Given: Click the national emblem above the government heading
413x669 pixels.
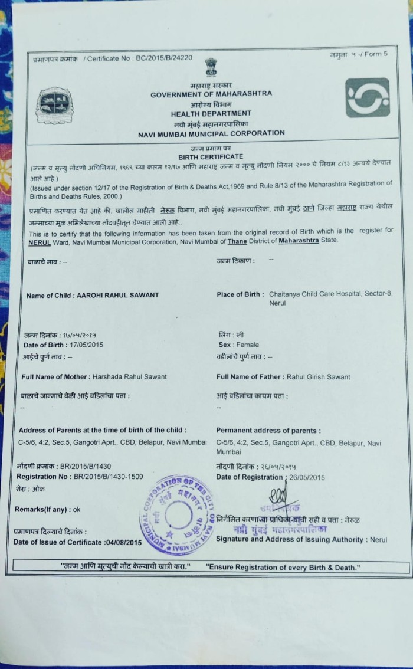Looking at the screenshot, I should click(211, 66).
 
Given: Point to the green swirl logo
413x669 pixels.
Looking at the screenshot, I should click(367, 97).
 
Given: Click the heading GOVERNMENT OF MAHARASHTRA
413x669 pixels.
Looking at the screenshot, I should click(211, 94).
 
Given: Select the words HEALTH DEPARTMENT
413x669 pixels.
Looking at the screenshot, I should click(211, 113).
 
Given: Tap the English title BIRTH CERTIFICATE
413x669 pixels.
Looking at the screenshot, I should click(211, 156).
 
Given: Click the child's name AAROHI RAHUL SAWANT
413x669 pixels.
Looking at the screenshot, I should click(118, 295).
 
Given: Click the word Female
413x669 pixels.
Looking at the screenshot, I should click(247, 345).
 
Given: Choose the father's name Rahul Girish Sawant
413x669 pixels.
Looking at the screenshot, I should click(318, 376).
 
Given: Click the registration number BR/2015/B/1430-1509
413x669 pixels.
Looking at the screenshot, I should click(108, 476).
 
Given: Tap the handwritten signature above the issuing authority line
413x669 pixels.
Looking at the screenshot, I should click(277, 495).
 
